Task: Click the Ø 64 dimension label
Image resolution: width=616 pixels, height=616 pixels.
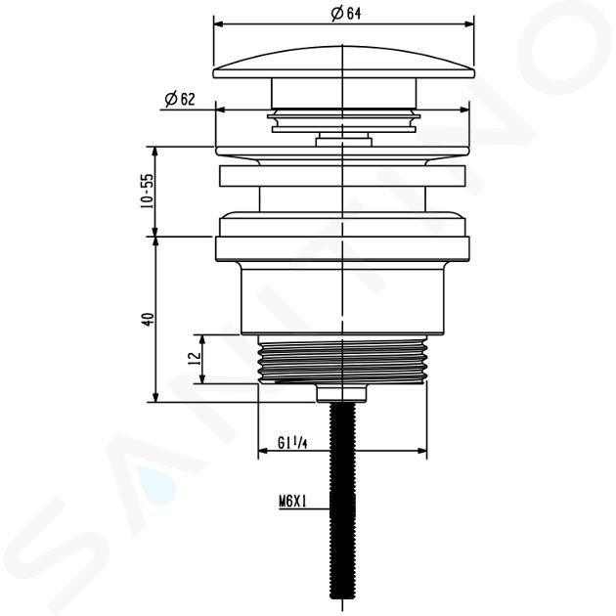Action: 346,14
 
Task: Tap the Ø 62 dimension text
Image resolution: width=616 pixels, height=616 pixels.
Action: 180,99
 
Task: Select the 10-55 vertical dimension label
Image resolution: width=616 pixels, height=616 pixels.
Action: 148,192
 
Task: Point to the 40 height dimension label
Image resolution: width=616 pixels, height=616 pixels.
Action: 148,319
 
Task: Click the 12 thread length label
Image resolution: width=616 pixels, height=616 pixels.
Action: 194,358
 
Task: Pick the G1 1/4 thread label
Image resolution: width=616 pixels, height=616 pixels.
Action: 292,443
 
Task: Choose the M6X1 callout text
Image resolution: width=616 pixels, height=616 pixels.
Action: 292,502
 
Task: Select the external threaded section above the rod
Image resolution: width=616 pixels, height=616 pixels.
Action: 342,360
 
